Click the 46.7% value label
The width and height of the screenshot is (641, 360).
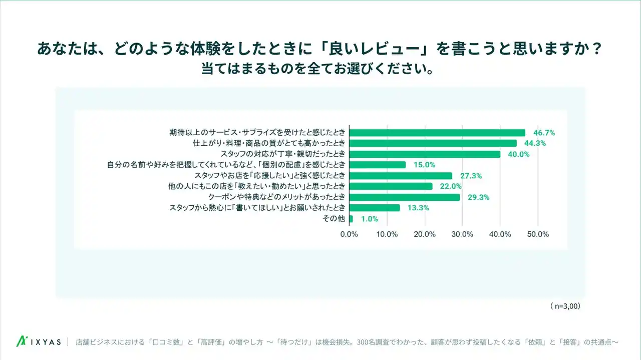[543, 133]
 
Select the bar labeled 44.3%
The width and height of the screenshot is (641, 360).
[433, 143]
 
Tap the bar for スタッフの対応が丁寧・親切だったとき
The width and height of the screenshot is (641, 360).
[425, 154]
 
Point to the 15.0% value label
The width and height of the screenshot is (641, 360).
[424, 165]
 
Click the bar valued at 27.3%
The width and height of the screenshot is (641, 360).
[401, 176]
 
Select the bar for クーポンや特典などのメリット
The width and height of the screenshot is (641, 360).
[404, 197]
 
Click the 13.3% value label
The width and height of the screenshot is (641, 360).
[418, 208]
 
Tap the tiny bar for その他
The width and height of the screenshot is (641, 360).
[351, 219]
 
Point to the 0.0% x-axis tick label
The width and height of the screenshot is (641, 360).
[349, 234]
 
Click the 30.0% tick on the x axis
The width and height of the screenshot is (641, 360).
[462, 234]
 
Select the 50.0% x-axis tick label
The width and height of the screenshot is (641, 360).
[538, 234]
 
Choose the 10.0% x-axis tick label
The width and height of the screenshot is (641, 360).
[387, 234]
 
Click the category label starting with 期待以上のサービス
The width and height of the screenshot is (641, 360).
[257, 133]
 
